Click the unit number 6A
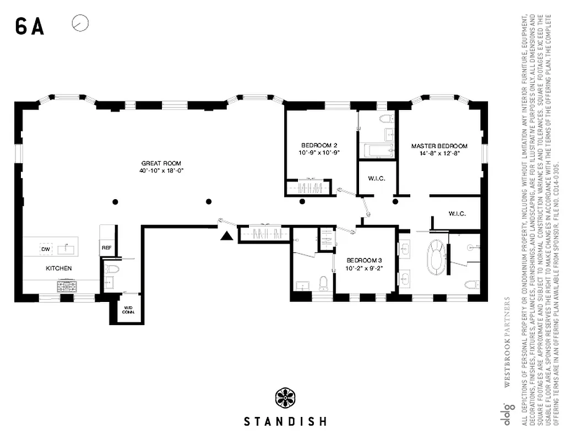(x=30, y=26)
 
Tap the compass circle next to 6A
(x=80, y=23)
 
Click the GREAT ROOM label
(x=161, y=163)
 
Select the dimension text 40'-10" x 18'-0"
(x=161, y=171)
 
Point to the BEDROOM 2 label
(x=319, y=145)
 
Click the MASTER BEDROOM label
(x=439, y=146)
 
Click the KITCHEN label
(x=58, y=268)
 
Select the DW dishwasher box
(x=45, y=249)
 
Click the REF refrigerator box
(x=106, y=248)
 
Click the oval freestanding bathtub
(x=435, y=256)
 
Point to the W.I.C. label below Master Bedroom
(x=457, y=213)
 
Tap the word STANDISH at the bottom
(x=285, y=422)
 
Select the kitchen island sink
(x=66, y=249)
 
